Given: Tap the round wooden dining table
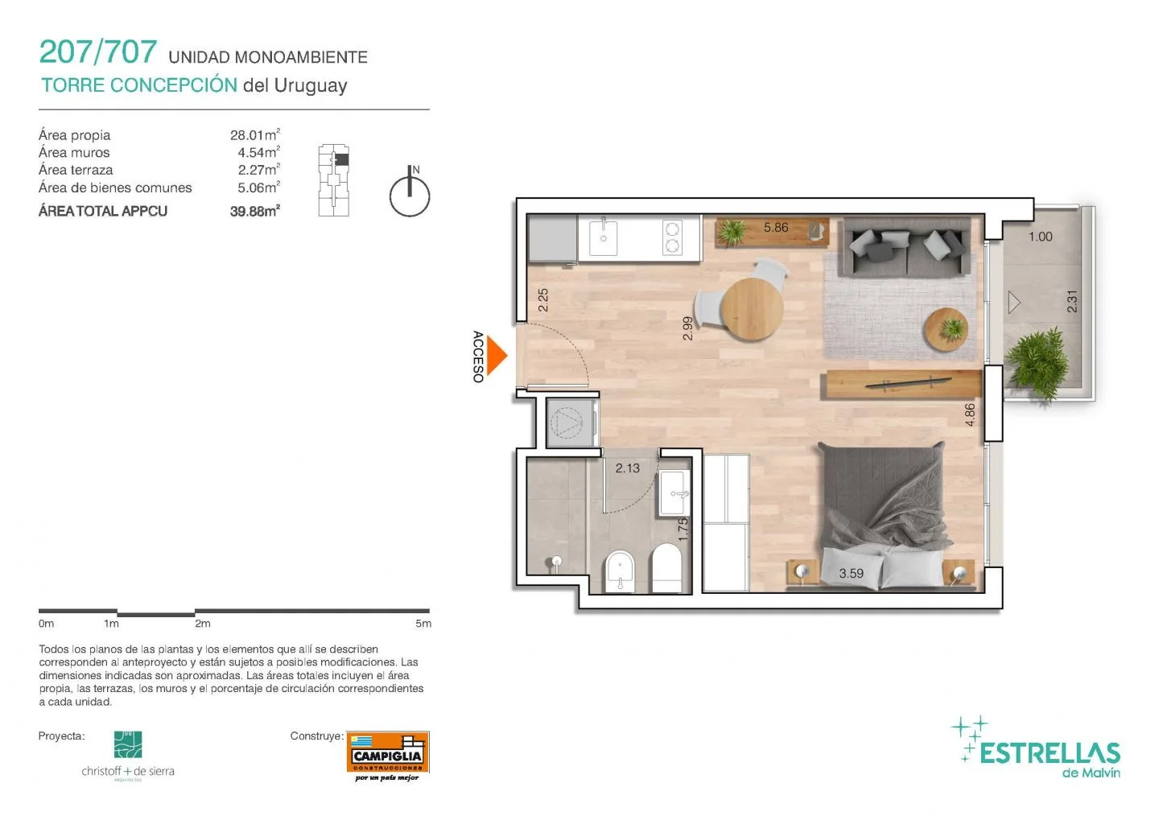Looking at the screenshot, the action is [752, 309].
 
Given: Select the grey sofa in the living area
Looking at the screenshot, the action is [906, 247].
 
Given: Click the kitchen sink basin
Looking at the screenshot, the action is [604, 238].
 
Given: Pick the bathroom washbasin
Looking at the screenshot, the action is [674, 493].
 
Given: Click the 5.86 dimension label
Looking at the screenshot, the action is [776, 227].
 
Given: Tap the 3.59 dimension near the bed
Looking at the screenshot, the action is [852, 573].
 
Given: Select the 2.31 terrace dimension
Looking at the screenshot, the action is [1072, 301].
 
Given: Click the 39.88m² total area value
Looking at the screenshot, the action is [255, 211].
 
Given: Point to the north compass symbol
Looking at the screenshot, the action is [409, 192].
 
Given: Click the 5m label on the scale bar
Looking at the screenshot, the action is [423, 624].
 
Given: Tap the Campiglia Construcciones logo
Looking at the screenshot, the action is [388, 756].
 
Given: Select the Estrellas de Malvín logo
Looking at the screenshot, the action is [1036, 747].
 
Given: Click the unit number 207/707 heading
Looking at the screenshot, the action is [98, 52].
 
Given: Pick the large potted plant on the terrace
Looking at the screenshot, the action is [1037, 365].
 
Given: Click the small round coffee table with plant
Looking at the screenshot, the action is [947, 330].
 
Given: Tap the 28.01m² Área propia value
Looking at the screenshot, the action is [255, 135].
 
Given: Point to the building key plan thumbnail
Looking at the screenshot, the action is [334, 180].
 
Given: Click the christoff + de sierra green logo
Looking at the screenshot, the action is [128, 744].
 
